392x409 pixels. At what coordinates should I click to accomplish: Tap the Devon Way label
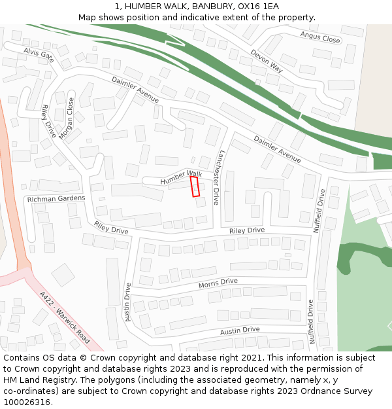[267, 60]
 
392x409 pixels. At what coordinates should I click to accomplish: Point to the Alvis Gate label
[39, 54]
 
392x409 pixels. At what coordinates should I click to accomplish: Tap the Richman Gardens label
[56, 198]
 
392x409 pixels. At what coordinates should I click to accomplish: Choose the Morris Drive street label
[218, 282]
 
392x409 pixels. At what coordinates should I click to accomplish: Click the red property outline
[195, 187]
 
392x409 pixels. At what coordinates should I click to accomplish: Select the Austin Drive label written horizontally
[240, 331]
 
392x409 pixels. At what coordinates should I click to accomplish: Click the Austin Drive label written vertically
[128, 302]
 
